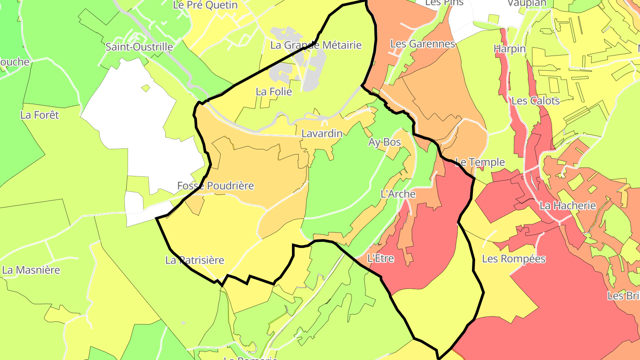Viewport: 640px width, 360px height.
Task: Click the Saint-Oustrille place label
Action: point(139,47)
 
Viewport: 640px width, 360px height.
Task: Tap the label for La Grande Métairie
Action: point(316,45)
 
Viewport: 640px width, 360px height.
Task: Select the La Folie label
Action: point(274,92)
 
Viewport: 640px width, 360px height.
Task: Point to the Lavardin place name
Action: point(322,133)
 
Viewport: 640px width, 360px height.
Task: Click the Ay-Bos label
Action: point(384,142)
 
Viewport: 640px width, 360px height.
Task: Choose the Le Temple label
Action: point(480,162)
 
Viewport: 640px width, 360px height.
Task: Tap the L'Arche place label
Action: point(398,194)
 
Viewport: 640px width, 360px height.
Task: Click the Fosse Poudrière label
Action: point(216,186)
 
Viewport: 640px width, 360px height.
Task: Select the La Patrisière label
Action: point(195,260)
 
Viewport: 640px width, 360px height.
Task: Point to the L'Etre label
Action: point(380,258)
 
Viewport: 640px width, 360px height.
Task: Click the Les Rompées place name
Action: point(513,259)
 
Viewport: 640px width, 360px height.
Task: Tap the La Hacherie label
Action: point(567,205)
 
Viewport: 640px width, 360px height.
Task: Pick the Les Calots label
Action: point(535,100)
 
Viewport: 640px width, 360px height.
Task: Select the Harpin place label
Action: point(509,49)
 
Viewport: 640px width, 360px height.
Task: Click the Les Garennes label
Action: point(423,44)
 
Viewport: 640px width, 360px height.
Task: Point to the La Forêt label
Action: point(40,115)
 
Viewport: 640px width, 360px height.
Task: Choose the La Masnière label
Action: point(31,270)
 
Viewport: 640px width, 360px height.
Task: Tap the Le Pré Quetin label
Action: point(205,5)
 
